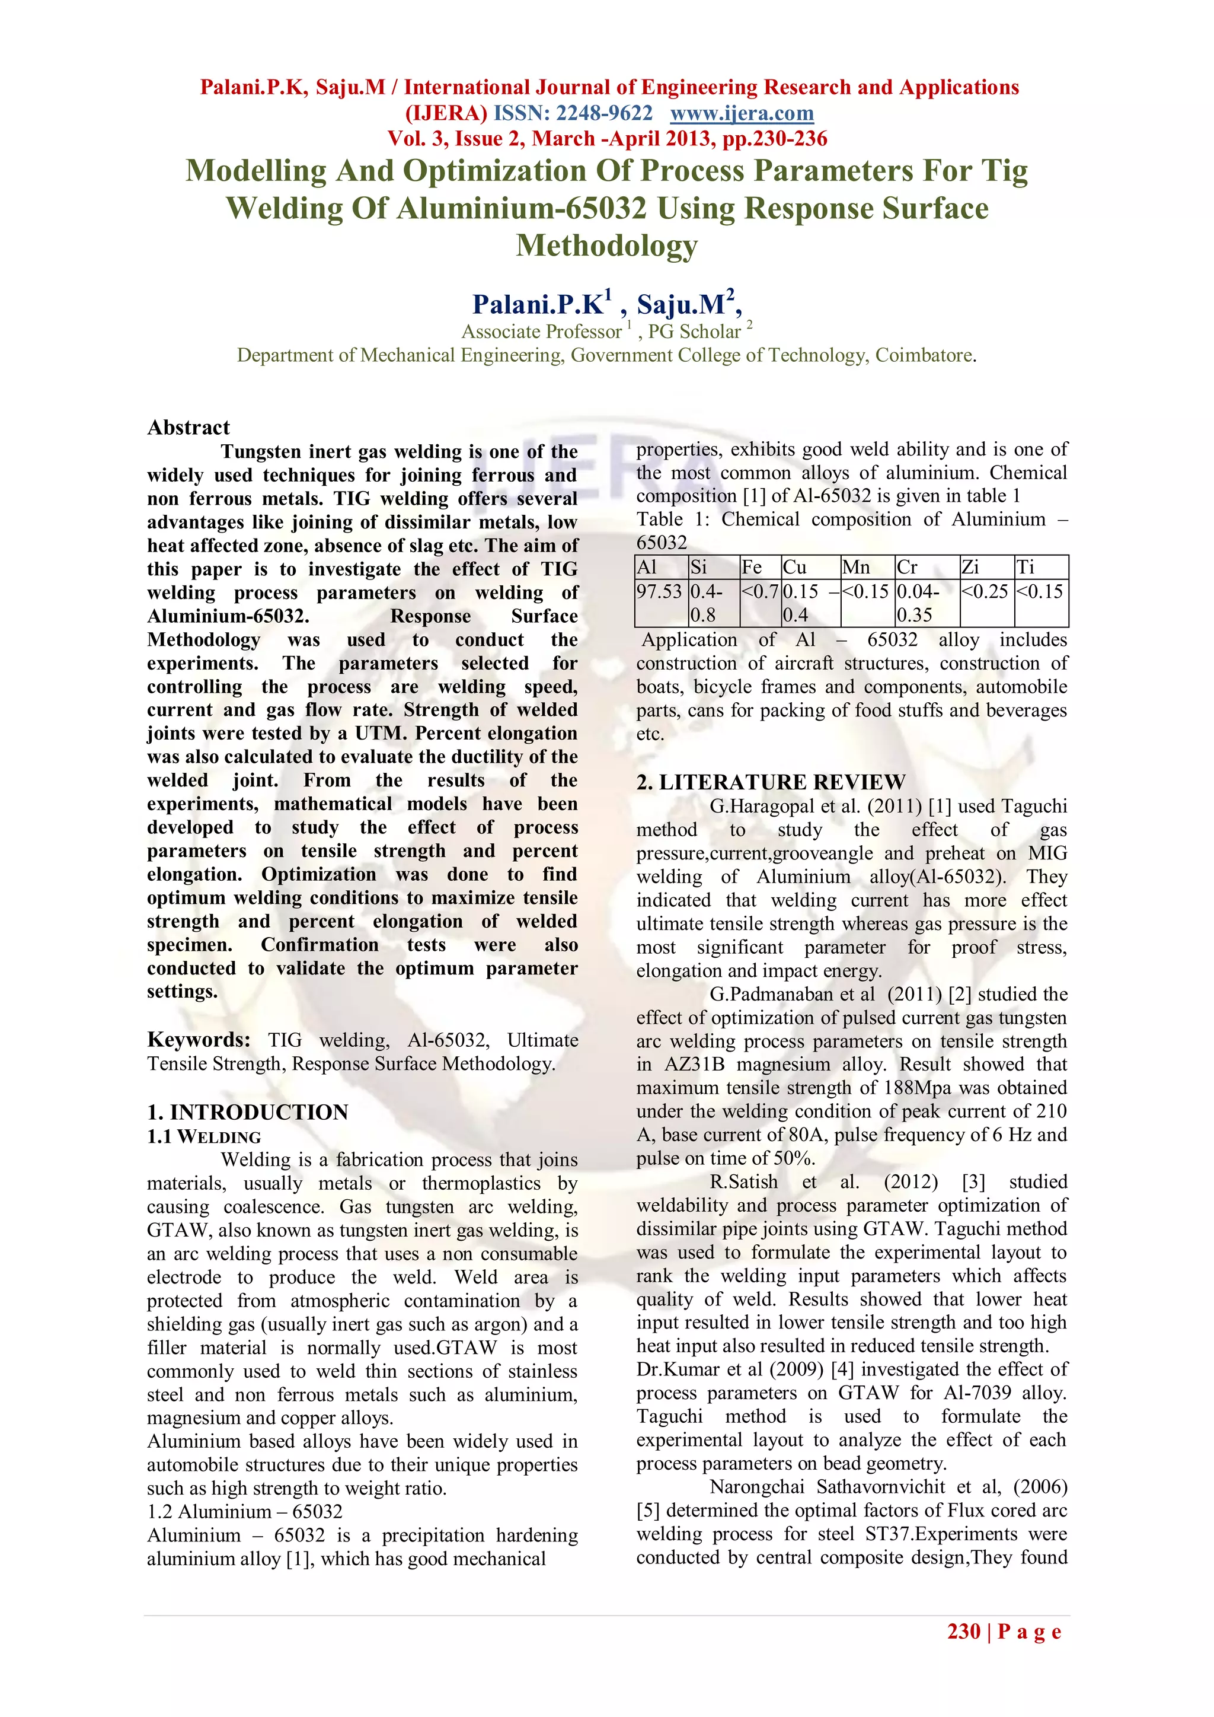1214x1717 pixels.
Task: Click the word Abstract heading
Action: [x=189, y=428]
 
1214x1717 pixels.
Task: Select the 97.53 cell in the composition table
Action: [x=659, y=591]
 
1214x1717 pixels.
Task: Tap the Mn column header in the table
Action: [x=856, y=568]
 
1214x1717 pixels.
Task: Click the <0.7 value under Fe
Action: [x=759, y=591]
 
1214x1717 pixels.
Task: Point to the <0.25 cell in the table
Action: [x=985, y=591]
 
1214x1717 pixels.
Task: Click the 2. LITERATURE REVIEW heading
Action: [x=771, y=782]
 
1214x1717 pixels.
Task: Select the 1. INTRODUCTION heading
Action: [x=247, y=1112]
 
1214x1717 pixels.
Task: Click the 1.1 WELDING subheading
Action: [x=204, y=1137]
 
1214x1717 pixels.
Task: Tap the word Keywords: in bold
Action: [x=199, y=1040]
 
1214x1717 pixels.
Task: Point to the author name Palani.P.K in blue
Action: [x=538, y=304]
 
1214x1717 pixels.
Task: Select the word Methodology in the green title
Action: [x=606, y=246]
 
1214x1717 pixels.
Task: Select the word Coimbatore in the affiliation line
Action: [x=924, y=355]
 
